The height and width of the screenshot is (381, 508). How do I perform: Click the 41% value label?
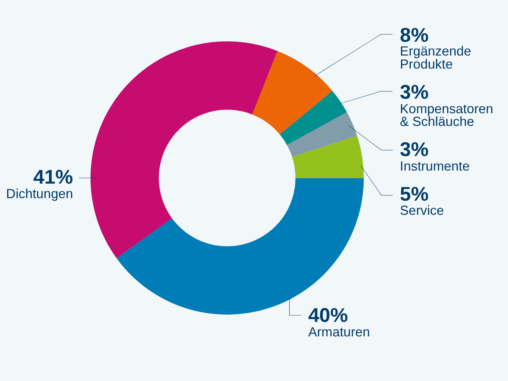coord(53,177)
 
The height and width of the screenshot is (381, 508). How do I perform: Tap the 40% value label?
coord(328,315)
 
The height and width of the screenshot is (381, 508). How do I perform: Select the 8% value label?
coord(414,35)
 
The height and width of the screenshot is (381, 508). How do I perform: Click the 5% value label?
coord(414,194)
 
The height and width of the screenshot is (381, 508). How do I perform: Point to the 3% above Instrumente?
coord(414,149)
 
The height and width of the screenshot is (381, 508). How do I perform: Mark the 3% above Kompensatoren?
coord(414,92)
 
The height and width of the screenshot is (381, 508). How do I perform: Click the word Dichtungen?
coord(40,194)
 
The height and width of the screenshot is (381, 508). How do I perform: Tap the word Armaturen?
coord(339,332)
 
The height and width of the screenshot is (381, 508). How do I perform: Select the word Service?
coord(422,210)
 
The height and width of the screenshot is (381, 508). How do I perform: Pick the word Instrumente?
coord(435,166)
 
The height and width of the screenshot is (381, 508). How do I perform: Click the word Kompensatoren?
coord(446,109)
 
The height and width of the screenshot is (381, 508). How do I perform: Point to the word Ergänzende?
coord(435,52)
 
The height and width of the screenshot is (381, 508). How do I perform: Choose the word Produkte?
coord(426,64)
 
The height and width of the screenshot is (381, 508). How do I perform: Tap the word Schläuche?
coord(443,122)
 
